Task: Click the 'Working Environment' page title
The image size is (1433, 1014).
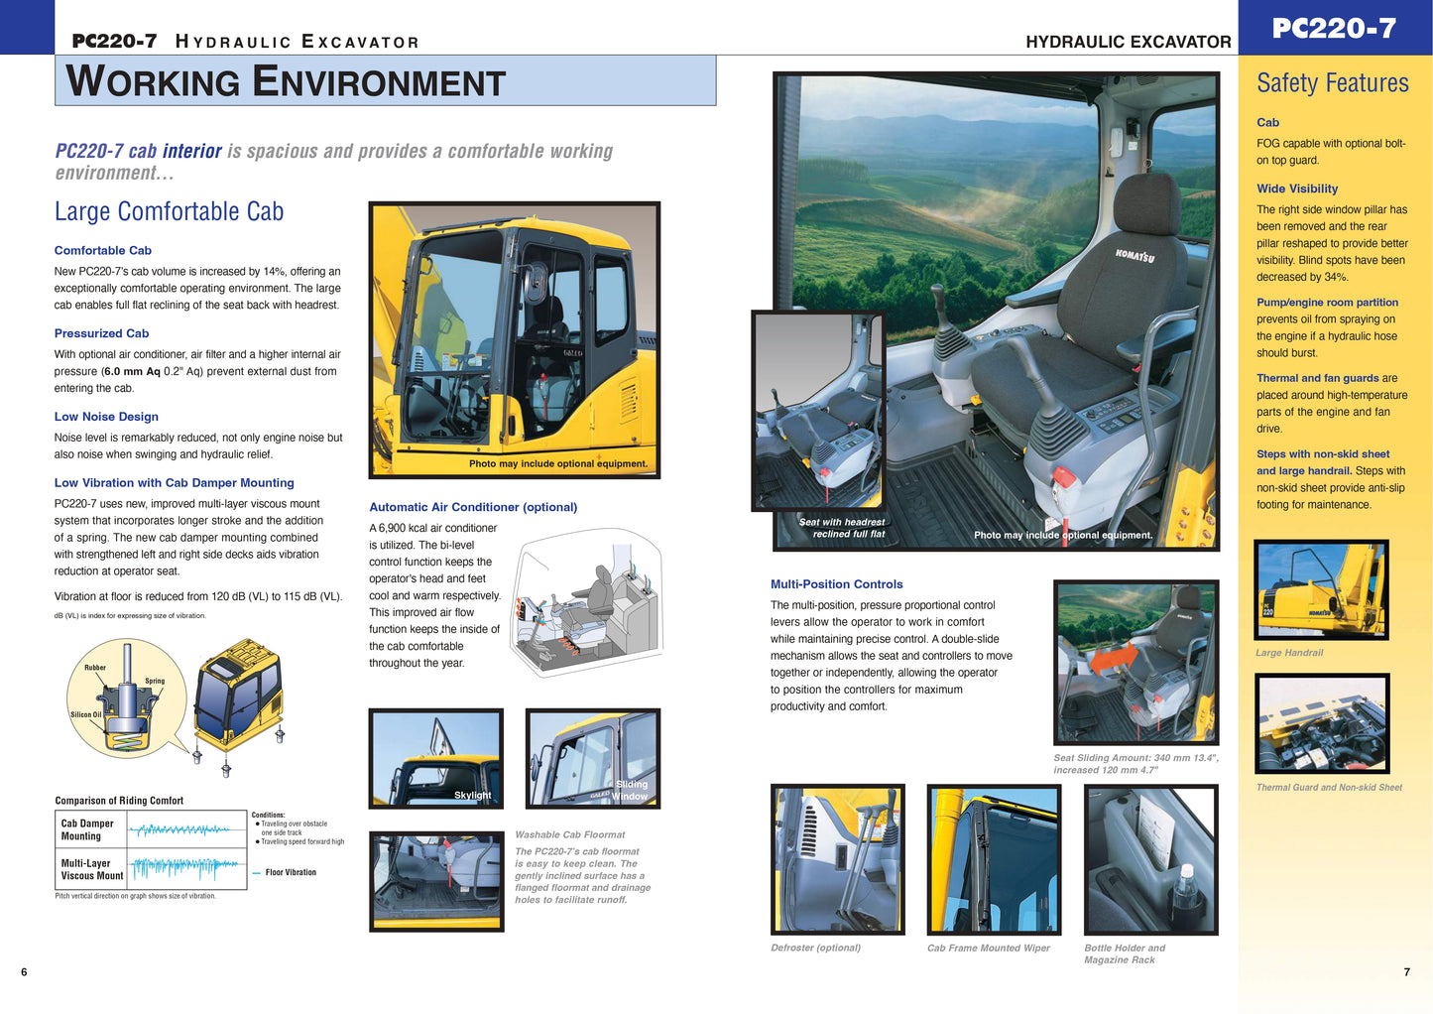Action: [x=286, y=81]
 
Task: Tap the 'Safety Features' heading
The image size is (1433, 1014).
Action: [x=1332, y=83]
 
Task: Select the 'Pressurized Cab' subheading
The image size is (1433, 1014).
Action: [x=101, y=333]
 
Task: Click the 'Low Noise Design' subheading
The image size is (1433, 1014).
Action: [x=106, y=417]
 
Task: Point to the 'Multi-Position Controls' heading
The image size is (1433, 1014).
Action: [x=836, y=584]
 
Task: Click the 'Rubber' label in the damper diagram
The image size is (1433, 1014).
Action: [x=95, y=668]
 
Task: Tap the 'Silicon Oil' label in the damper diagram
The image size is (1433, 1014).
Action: [x=85, y=714]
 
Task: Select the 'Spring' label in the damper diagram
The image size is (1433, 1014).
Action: [x=155, y=681]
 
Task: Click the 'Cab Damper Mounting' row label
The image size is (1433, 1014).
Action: [x=87, y=829]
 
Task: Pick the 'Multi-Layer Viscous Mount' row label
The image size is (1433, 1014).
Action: [x=91, y=869]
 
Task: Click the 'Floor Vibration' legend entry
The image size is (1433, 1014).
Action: [x=290, y=873]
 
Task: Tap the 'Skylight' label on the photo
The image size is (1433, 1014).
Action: [x=472, y=795]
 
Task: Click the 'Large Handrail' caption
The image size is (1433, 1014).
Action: [x=1288, y=653]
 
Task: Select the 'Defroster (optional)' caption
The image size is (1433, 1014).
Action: [x=815, y=948]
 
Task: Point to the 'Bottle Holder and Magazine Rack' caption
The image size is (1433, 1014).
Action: [x=1124, y=953]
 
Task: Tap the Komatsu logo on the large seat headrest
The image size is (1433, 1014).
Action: [x=1134, y=256]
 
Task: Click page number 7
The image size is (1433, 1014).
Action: [x=1406, y=972]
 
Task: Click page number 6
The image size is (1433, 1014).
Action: [x=24, y=972]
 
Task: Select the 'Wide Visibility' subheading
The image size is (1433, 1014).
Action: [x=1296, y=189]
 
